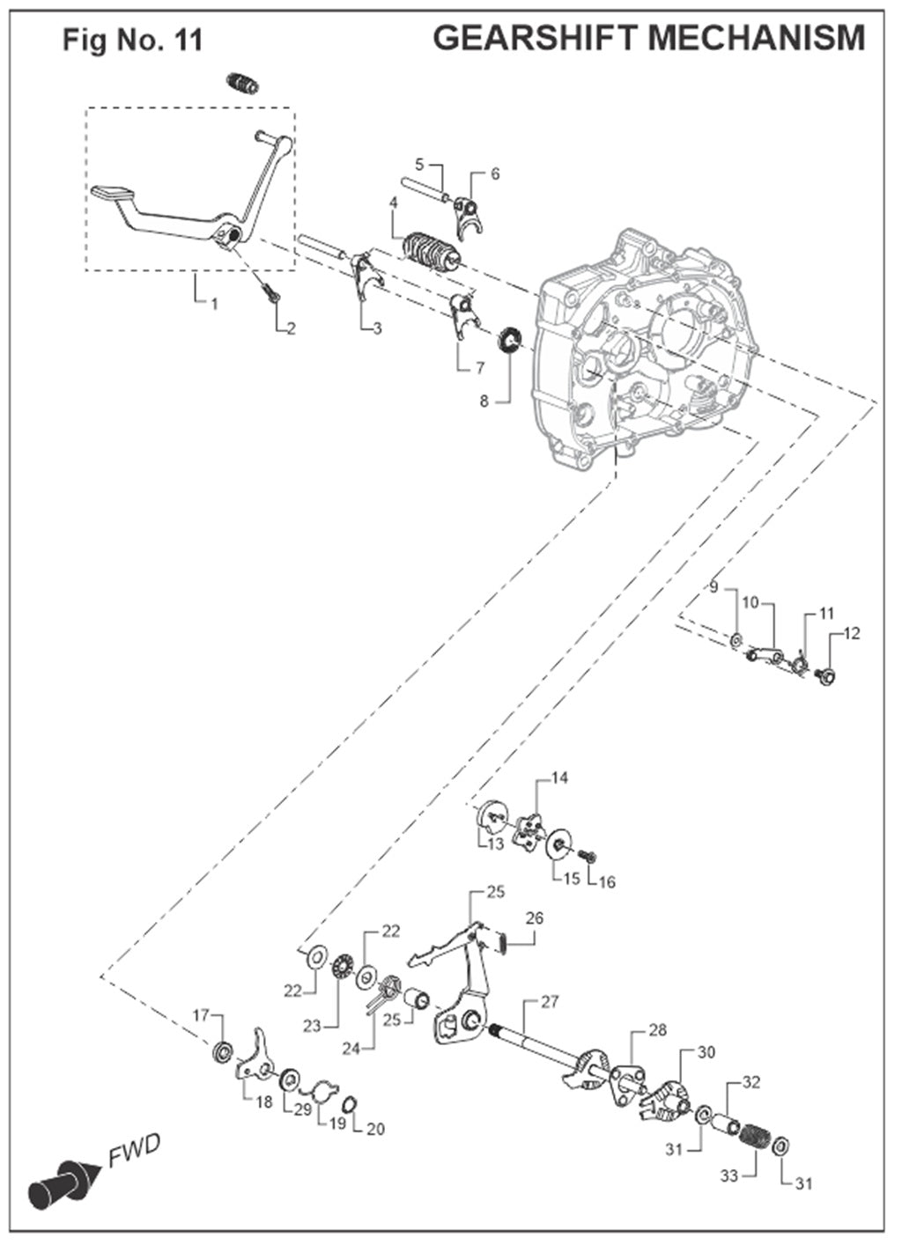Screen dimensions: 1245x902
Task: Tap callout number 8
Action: (484, 401)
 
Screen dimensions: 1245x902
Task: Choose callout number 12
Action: (852, 633)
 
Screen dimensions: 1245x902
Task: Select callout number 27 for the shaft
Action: (550, 1001)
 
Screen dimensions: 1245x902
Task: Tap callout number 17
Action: (202, 1015)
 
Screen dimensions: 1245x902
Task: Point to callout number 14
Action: (560, 777)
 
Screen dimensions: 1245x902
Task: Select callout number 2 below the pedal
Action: (290, 329)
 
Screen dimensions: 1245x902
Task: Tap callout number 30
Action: (706, 1051)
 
